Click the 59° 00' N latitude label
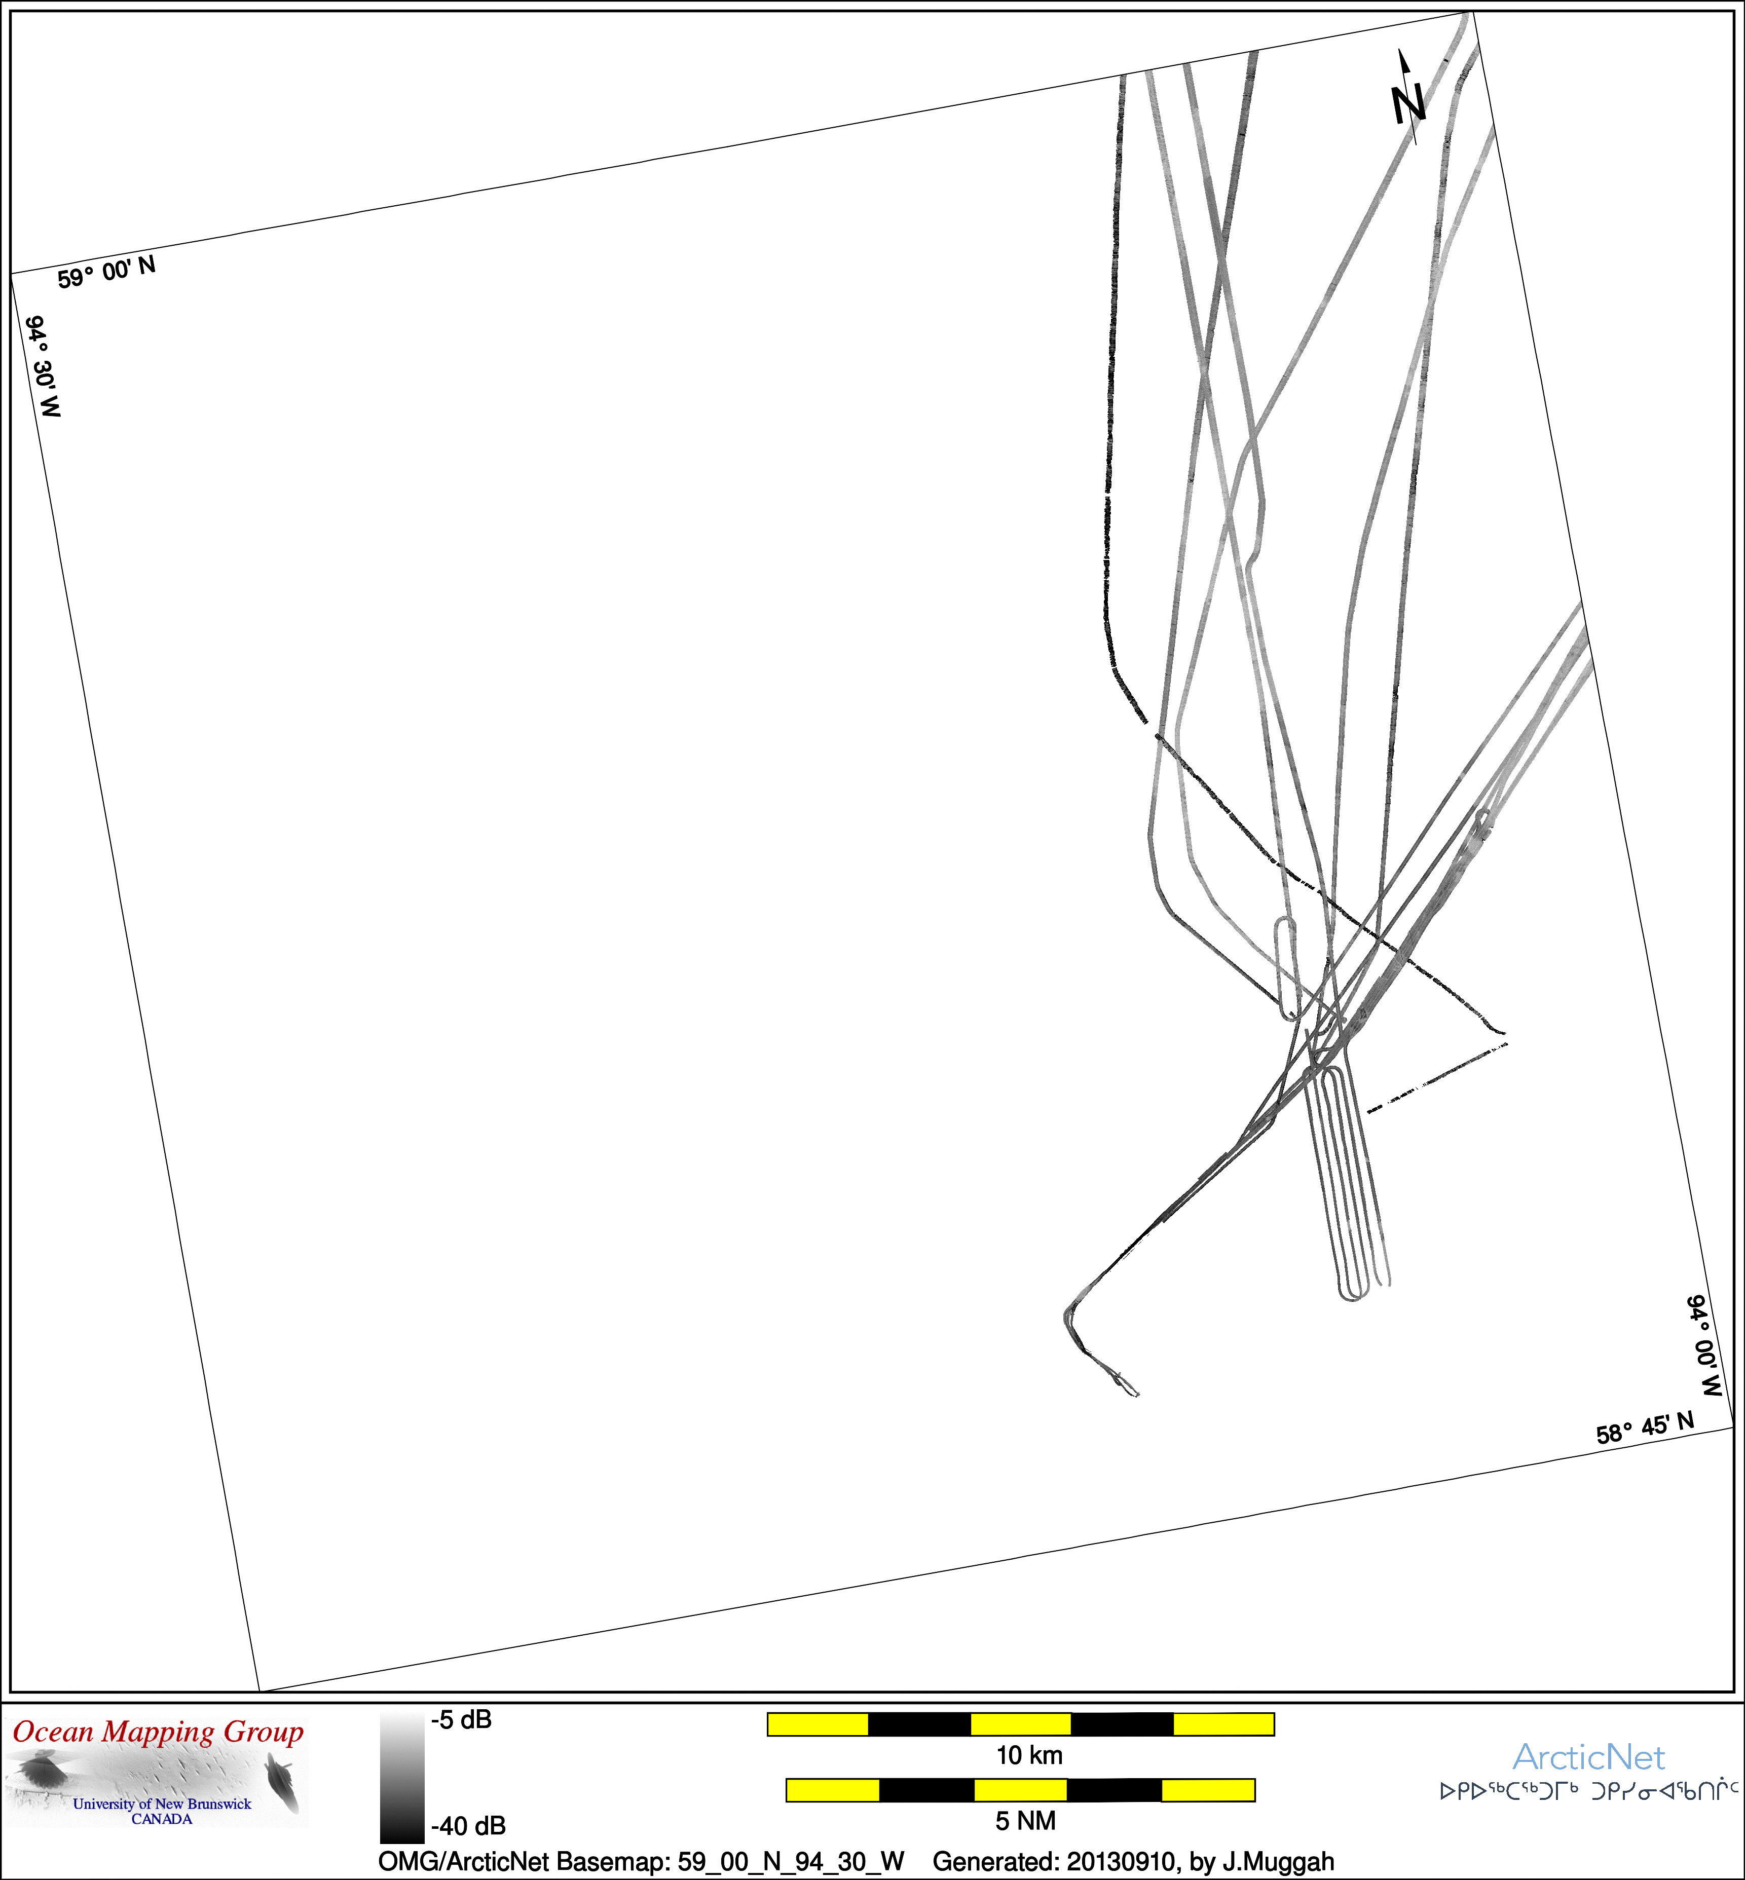(107, 272)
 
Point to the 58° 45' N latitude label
(1645, 1427)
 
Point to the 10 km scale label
(1029, 1755)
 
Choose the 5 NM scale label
(1025, 1821)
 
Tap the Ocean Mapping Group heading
(159, 1732)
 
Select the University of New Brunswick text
(162, 1803)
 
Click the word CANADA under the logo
(162, 1819)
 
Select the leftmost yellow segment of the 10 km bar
(818, 1724)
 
